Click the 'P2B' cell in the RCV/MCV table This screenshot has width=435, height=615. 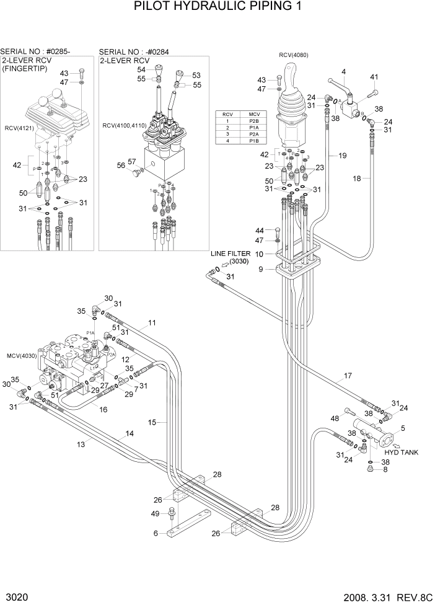point(253,122)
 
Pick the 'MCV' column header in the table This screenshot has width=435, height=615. point(253,114)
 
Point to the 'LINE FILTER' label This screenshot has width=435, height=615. point(231,254)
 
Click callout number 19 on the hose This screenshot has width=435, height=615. point(343,156)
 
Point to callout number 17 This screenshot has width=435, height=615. point(348,376)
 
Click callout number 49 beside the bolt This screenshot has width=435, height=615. point(156,512)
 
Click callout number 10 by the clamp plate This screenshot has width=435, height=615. point(260,254)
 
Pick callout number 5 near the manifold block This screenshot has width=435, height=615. point(403,428)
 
